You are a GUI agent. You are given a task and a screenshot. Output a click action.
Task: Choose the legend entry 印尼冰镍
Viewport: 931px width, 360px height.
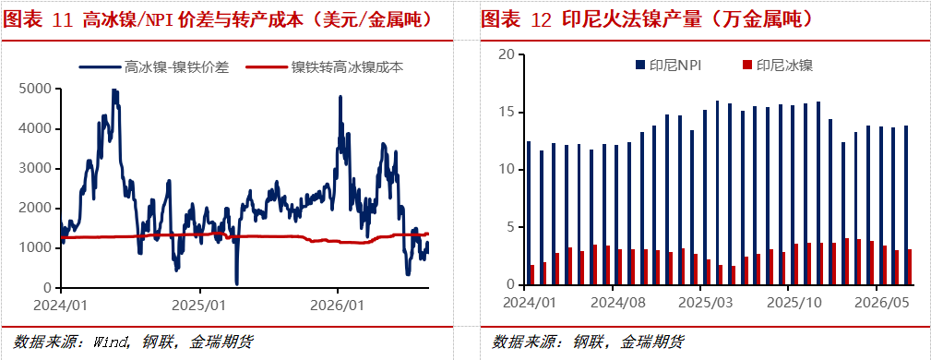[x=779, y=66]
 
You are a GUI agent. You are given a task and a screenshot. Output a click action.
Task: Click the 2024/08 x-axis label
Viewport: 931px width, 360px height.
[x=618, y=303]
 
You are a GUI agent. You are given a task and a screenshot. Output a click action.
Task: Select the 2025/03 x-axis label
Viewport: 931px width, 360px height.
[x=706, y=303]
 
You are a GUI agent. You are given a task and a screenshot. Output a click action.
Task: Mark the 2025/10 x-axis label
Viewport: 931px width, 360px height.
[x=794, y=303]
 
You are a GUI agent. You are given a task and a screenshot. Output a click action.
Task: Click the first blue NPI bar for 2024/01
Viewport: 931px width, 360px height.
[x=529, y=213]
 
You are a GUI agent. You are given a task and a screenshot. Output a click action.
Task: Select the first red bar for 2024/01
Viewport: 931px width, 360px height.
[x=532, y=275]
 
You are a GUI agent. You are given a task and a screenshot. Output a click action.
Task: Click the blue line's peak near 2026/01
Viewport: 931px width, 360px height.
[x=340, y=96]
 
